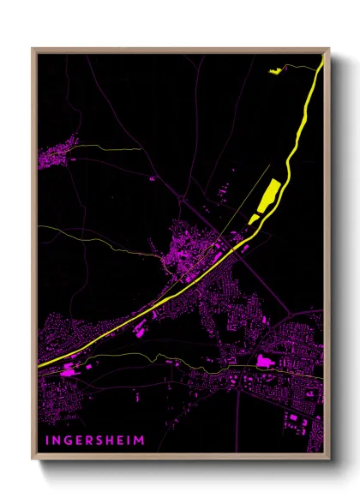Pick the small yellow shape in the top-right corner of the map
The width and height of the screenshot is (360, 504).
click(275, 71)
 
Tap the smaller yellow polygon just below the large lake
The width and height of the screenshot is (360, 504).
click(254, 219)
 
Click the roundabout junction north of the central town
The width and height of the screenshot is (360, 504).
click(183, 200)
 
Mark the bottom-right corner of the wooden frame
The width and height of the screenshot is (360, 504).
click(328, 459)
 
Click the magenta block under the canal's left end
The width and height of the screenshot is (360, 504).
click(67, 372)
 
